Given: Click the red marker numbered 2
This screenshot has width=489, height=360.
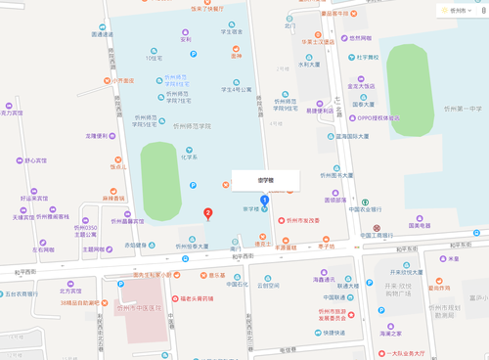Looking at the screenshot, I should (x=206, y=212).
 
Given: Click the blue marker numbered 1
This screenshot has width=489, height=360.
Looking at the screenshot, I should (x=263, y=201).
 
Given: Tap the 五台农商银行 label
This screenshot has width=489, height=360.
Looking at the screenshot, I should (x=28, y=292).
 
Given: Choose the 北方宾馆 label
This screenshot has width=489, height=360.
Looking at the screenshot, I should (x=70, y=291).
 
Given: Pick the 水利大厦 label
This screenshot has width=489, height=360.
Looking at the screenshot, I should (x=309, y=65).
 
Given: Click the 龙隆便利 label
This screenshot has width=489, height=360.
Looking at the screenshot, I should (x=100, y=137).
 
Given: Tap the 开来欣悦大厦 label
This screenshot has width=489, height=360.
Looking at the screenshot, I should (x=405, y=272).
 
